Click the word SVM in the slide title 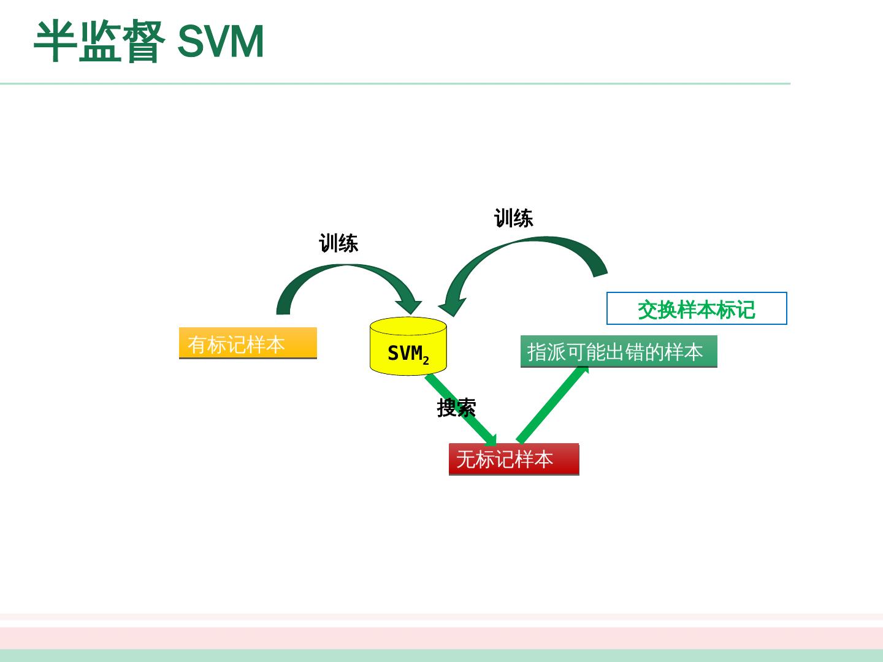pos(220,41)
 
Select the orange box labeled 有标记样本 pos(248,343)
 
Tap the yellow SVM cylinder pos(408,346)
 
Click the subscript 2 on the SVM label pos(426,360)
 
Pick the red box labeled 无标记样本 pos(514,459)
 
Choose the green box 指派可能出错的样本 pos(619,351)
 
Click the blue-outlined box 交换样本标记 pos(697,308)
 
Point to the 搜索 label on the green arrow pos(457,408)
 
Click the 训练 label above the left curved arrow pos(338,243)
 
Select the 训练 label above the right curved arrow pos(514,218)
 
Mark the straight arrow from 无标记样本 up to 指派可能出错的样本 pos(552,405)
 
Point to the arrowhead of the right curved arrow pos(451,306)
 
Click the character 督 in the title pos(143,41)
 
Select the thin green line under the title pos(395,83)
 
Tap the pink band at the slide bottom pos(442,638)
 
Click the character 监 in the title pos(100,41)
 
